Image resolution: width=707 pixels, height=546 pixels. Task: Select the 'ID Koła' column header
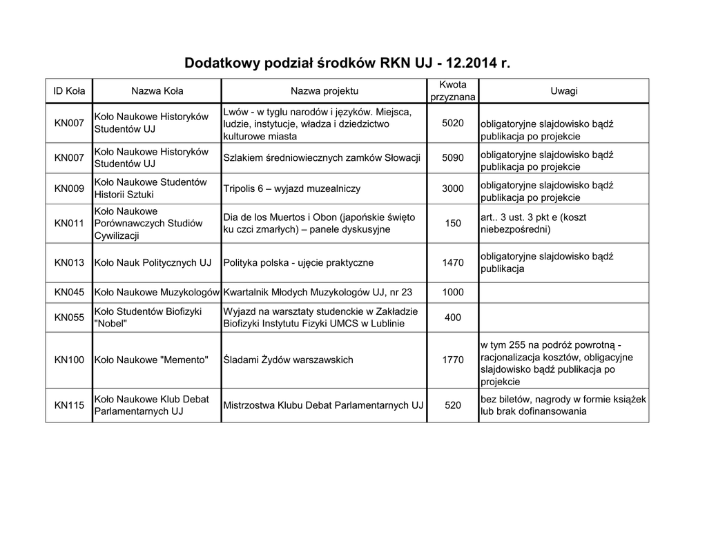[69, 91]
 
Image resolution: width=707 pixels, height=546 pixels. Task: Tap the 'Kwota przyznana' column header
[452, 90]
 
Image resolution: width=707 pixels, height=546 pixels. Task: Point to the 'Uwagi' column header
[563, 91]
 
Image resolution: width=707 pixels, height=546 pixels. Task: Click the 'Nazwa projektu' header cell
[324, 91]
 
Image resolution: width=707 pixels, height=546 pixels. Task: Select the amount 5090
[452, 157]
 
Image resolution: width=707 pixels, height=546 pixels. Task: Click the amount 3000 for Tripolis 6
[452, 188]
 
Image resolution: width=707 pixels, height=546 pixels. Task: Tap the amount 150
[452, 223]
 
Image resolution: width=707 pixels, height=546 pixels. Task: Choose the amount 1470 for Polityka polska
[452, 262]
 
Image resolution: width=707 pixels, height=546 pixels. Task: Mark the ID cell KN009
[69, 188]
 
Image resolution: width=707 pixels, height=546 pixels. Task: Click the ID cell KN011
[69, 223]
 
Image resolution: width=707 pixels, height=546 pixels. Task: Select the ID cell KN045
[69, 292]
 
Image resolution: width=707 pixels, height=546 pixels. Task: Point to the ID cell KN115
[69, 405]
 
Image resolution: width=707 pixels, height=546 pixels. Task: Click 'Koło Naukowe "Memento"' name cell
[151, 360]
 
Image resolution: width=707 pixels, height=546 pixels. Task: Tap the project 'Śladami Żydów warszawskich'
[288, 360]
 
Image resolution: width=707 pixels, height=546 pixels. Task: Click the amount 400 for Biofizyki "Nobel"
[452, 318]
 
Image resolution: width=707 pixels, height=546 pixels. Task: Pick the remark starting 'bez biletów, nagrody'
[563, 405]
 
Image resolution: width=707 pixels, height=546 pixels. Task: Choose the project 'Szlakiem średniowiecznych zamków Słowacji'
[322, 157]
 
